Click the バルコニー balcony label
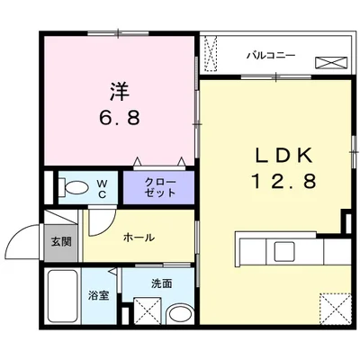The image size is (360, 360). click(x=271, y=55)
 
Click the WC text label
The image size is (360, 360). click(x=103, y=188)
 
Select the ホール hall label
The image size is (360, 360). click(x=138, y=238)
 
